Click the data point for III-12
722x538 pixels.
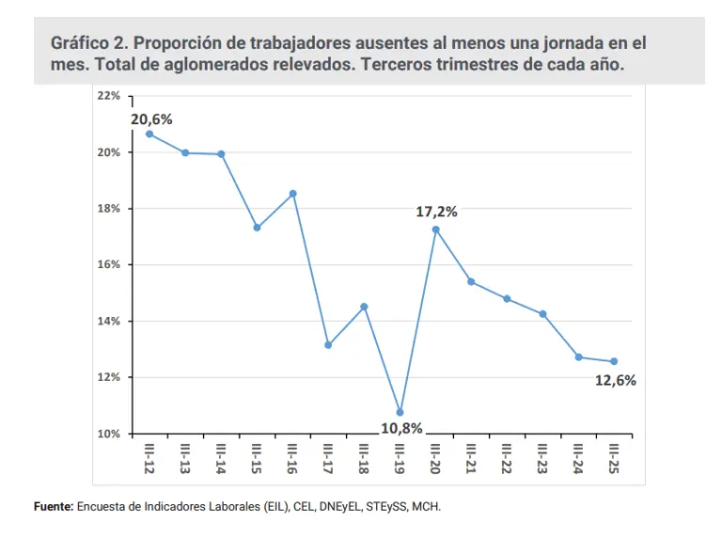[x=150, y=134]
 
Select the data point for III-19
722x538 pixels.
[x=400, y=412]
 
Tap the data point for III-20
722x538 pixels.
[x=435, y=229]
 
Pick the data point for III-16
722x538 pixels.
[x=292, y=194]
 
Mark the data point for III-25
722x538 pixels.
[x=614, y=361]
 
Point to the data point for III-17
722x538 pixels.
[x=328, y=345]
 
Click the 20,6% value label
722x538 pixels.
[x=151, y=119]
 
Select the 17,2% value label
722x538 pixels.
[x=436, y=212]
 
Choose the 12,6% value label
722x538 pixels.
[x=616, y=380]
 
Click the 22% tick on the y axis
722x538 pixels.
[x=108, y=96]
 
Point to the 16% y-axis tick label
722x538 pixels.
[x=108, y=264]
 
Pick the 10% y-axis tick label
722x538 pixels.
[x=108, y=434]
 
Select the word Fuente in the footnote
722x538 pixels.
[x=53, y=506]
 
